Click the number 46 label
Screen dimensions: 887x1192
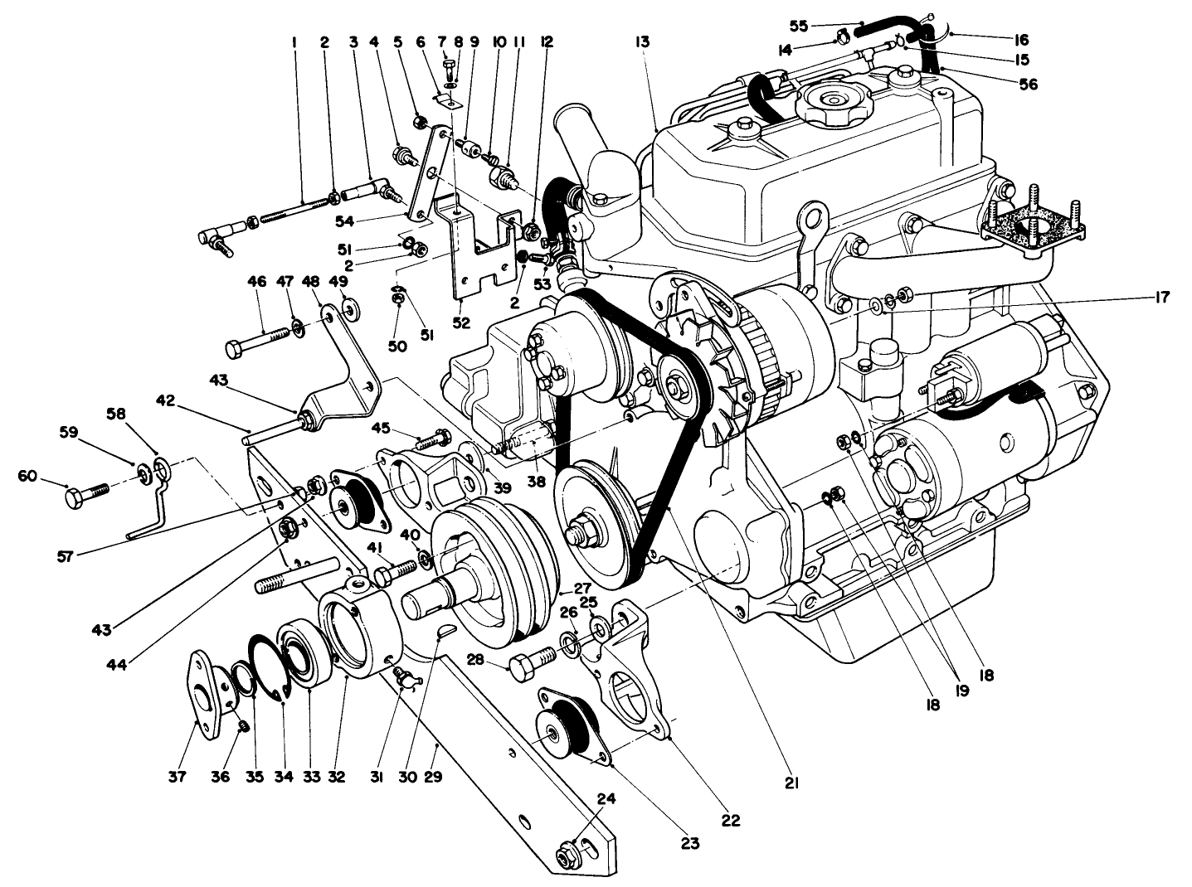(x=256, y=283)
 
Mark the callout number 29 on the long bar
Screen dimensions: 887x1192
(x=432, y=777)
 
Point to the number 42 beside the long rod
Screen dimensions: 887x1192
(x=167, y=400)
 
